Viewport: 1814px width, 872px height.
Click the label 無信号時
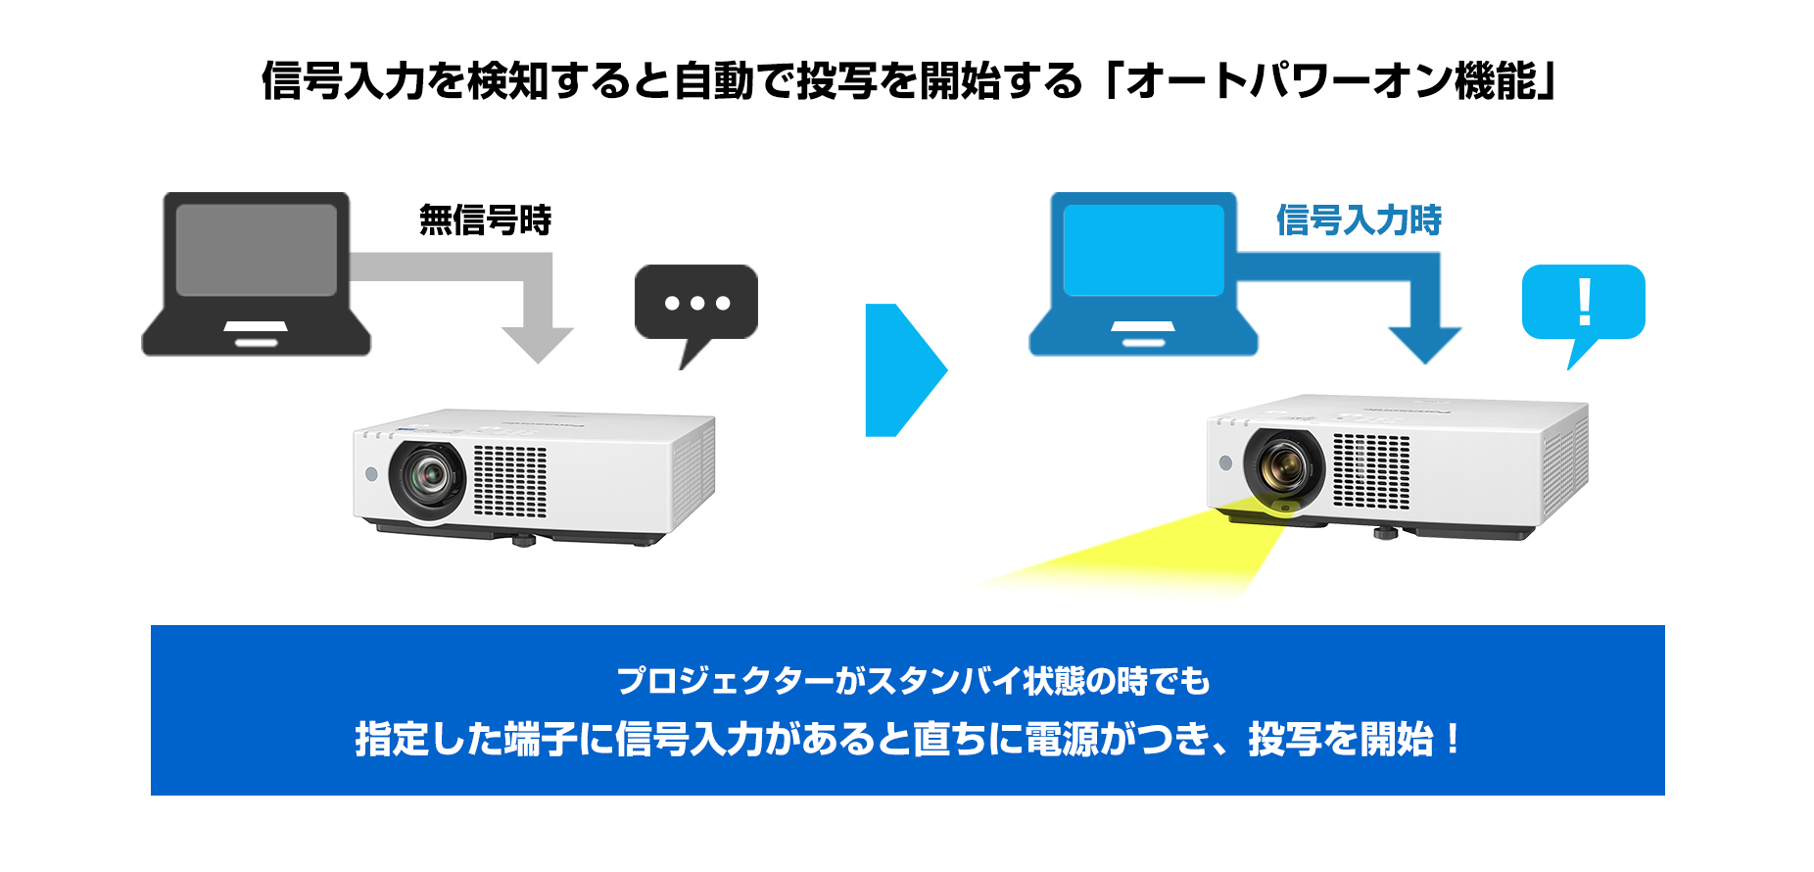click(x=485, y=219)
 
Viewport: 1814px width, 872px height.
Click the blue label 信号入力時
click(x=1359, y=219)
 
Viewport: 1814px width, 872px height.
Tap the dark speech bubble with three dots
click(x=696, y=303)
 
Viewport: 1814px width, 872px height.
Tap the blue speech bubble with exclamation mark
click(x=1583, y=303)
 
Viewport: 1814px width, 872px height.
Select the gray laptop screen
click(x=256, y=250)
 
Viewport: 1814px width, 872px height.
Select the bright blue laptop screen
click(x=1143, y=250)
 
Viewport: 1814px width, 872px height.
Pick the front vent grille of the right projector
click(x=1371, y=470)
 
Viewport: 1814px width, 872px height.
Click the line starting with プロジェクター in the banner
click(x=913, y=680)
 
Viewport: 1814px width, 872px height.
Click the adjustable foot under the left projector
click(x=523, y=539)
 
